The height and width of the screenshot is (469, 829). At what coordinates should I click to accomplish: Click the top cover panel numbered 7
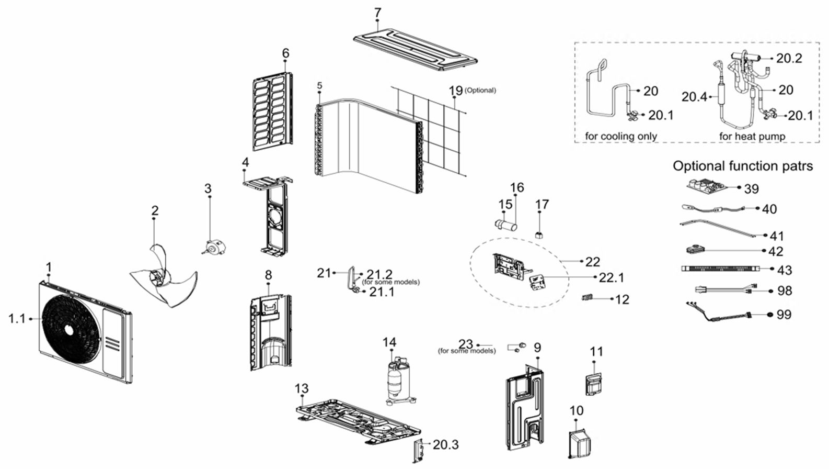(416, 50)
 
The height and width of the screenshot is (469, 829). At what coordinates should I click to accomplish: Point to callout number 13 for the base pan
(302, 389)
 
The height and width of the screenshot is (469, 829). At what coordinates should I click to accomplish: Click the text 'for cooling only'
(620, 136)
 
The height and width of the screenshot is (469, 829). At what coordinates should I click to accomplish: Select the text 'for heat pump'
(752, 136)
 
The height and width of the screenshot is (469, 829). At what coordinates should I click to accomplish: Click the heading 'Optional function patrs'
(742, 166)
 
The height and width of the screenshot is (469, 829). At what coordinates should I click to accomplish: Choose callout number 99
(784, 315)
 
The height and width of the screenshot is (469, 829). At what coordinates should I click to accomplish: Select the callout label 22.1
(611, 277)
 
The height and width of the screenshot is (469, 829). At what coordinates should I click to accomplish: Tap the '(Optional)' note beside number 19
(480, 90)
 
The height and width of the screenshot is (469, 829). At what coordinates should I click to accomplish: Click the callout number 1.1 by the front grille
(17, 318)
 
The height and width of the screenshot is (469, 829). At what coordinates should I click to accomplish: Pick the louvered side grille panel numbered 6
(271, 110)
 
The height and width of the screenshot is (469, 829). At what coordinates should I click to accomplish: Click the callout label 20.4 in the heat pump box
(694, 97)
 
